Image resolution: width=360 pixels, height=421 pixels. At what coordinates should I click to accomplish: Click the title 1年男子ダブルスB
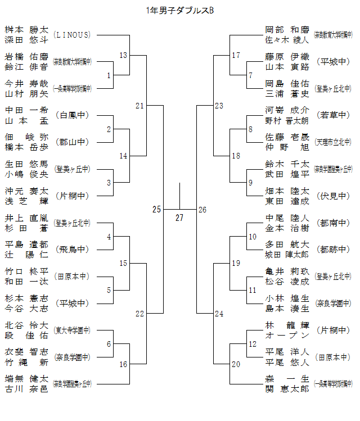click(179, 10)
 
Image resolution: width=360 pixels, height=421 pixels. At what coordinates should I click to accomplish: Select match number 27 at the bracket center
click(179, 218)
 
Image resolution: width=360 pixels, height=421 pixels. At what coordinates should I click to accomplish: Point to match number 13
click(124, 55)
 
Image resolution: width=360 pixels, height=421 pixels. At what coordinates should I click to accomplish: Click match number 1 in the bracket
click(109, 75)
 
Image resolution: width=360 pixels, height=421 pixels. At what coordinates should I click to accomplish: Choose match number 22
click(140, 314)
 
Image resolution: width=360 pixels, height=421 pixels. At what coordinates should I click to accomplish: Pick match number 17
click(236, 55)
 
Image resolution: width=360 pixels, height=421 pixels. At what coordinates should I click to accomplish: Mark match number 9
click(250, 183)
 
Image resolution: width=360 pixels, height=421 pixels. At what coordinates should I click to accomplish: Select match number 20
click(236, 364)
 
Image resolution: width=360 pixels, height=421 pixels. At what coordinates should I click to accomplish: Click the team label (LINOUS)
click(71, 35)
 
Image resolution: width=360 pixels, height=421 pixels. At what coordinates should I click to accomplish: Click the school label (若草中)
click(333, 115)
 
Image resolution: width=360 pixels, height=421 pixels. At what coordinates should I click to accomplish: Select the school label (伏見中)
click(333, 196)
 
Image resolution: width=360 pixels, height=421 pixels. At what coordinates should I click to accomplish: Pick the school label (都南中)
click(333, 223)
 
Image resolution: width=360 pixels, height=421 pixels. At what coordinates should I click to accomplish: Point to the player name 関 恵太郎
click(287, 389)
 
